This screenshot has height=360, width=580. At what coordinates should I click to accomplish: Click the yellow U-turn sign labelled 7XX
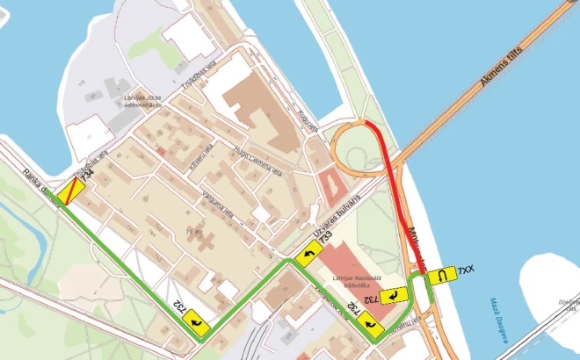tap(440, 275)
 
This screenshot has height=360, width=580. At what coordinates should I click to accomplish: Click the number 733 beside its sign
tap(325, 237)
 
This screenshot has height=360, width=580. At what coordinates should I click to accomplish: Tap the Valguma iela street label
tap(216, 205)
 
